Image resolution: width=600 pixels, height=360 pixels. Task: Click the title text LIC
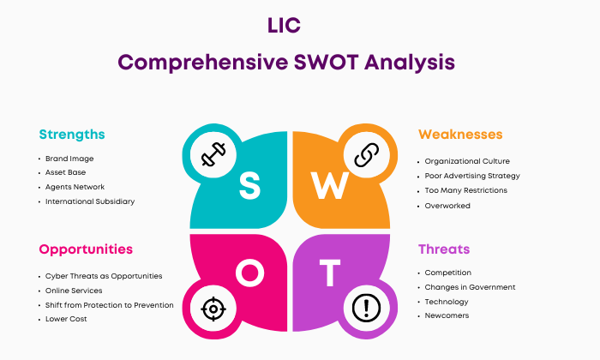point(284,26)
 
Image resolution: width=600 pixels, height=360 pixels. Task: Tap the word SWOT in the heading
point(327,62)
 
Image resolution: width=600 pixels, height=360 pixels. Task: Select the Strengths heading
point(72,135)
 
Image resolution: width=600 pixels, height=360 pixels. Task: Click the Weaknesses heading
point(460,135)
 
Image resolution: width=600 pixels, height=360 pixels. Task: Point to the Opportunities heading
point(86,249)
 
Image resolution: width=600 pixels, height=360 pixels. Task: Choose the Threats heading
point(444,249)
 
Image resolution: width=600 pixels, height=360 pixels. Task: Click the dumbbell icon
point(213,154)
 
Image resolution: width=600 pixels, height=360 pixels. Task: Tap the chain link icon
point(366,155)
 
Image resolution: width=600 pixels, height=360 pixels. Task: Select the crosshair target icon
point(213,309)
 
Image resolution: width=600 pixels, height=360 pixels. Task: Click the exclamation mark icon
point(366,308)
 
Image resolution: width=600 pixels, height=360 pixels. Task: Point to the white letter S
point(250,185)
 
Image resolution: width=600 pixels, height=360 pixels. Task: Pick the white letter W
point(329,185)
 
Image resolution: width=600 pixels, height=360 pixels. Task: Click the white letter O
point(250,273)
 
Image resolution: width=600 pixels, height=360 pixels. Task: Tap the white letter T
point(330,273)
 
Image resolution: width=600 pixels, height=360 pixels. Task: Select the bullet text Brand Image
point(69,159)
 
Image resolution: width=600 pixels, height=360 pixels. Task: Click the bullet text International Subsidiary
point(90,201)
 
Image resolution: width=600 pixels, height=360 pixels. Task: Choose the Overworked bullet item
point(447,206)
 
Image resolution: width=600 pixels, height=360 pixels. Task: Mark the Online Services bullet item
point(74,291)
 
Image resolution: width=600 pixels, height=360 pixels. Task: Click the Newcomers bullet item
point(447,315)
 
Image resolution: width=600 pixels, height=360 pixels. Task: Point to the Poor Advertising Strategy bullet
point(472,176)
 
